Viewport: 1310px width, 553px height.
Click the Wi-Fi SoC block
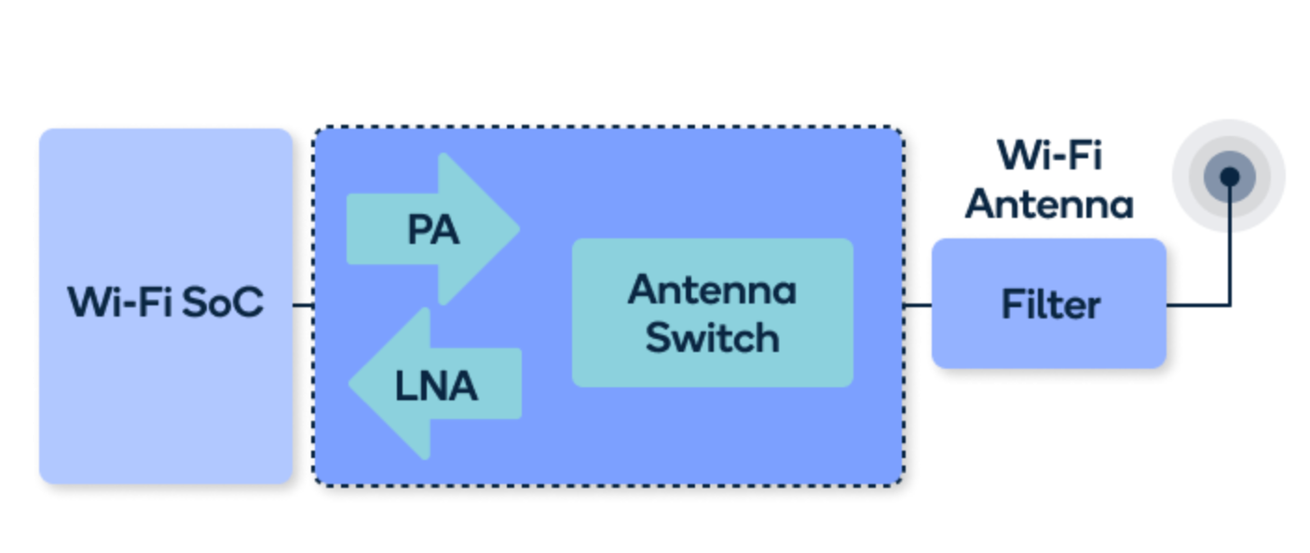pos(166,305)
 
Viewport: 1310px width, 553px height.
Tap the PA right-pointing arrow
pos(432,229)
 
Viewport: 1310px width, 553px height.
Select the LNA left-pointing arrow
pos(435,384)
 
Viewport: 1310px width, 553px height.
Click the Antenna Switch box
pos(713,313)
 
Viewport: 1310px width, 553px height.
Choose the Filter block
pos(1049,303)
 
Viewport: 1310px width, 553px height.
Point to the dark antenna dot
pos(1229,176)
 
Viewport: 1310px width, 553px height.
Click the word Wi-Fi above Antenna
pos(1050,155)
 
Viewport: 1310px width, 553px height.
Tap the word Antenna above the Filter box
pos(1049,204)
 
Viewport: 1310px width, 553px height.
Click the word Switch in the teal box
pos(713,337)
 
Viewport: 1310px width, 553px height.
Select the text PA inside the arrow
pos(432,229)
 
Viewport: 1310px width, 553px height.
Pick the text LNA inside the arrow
pos(436,385)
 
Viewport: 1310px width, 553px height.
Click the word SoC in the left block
pos(223,303)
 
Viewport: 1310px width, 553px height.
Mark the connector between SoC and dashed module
pos(304,305)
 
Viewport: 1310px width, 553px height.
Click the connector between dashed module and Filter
pos(918,305)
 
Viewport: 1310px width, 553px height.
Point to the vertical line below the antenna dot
pos(1230,246)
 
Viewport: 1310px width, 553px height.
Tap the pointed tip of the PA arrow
pos(519,229)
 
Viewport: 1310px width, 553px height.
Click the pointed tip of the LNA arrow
pos(349,384)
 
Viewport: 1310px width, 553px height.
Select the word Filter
pos(1051,304)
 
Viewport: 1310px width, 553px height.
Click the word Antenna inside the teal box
pos(713,290)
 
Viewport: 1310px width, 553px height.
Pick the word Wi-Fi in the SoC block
pos(120,303)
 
